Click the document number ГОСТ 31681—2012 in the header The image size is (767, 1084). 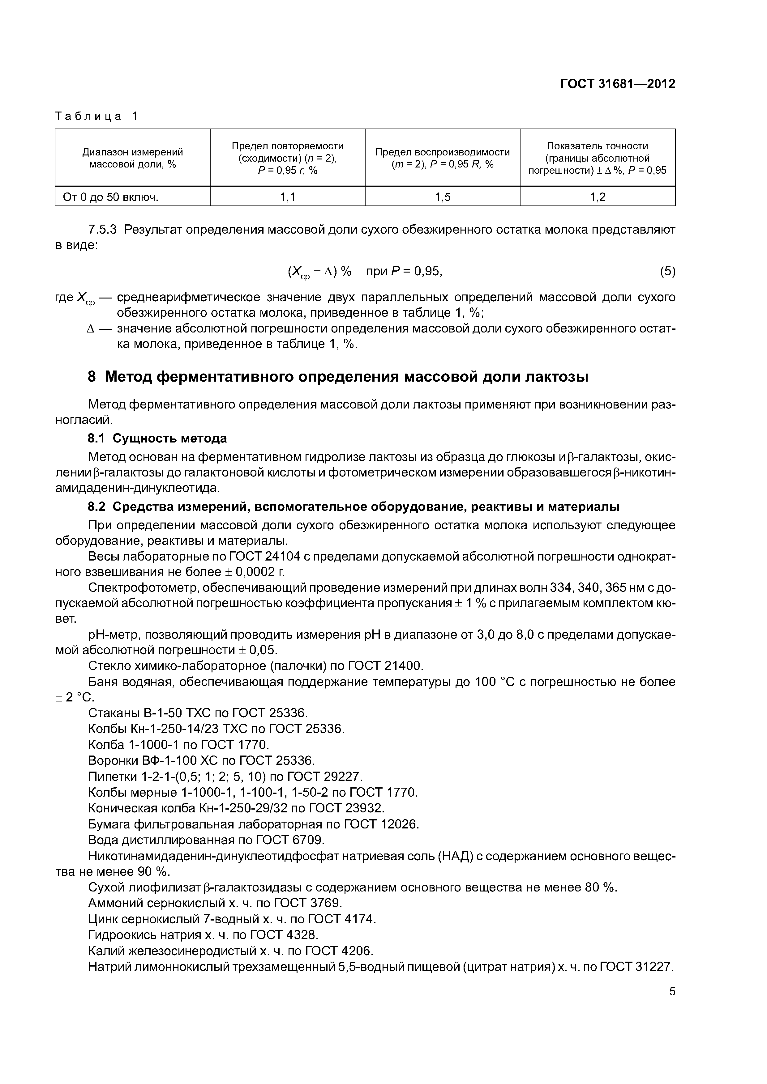point(617,84)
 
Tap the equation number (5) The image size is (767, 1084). point(667,272)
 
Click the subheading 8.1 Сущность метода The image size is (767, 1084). point(157,438)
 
